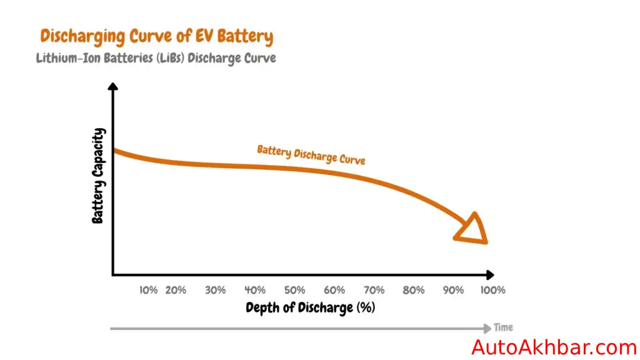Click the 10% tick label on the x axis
148,290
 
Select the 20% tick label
176,290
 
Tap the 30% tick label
215,290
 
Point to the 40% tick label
255,290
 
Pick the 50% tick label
294,290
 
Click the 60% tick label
334,290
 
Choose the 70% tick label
374,290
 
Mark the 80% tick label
414,290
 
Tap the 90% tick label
453,290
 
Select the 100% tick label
492,290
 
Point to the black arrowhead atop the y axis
113,87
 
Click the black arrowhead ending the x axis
489,274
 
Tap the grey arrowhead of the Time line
487,328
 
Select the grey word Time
503,327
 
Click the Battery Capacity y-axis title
98,176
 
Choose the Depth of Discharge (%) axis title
311,307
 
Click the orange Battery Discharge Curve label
311,154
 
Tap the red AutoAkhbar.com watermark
554,347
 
